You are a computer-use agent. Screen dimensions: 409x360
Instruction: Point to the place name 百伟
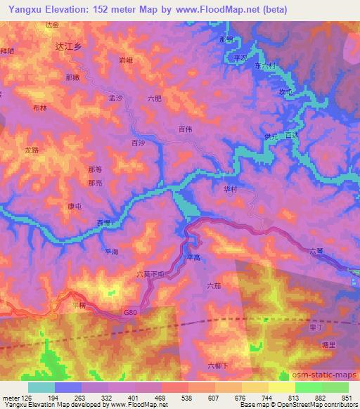(186, 129)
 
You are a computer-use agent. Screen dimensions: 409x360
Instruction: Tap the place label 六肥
(155, 98)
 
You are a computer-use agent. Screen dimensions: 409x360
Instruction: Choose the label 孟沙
(115, 98)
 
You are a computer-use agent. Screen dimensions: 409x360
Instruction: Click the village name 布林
(39, 108)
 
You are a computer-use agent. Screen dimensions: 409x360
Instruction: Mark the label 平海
(111, 252)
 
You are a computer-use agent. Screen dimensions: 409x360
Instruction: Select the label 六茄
(214, 286)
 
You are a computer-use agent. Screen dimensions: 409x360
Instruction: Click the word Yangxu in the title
(20, 6)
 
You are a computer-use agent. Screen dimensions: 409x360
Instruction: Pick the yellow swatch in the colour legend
(282, 387)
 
